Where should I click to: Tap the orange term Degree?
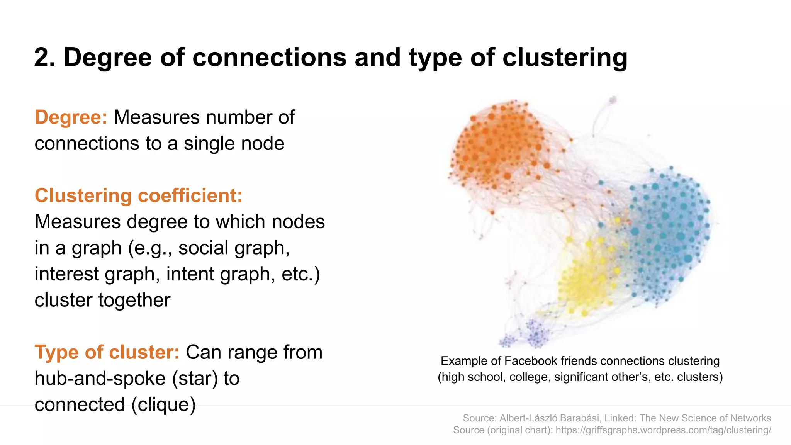[x=71, y=117]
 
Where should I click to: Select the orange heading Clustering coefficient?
[x=138, y=195]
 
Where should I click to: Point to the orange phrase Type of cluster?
[x=107, y=352]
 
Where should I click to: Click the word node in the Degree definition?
[x=263, y=143]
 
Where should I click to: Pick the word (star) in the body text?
[x=195, y=378]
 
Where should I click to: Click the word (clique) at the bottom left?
[x=163, y=404]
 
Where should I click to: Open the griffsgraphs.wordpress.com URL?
[x=663, y=430]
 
